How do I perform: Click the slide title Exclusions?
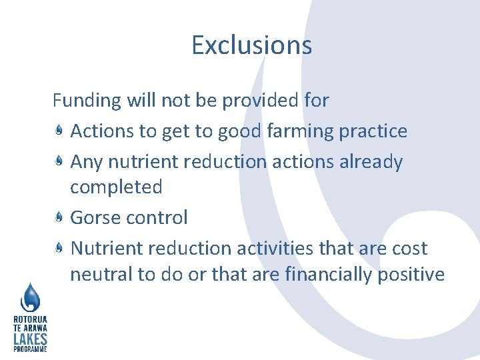click(251, 45)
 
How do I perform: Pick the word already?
click(371, 162)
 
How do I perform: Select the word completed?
click(116, 187)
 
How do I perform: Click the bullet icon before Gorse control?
click(59, 217)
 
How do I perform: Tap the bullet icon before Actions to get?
click(59, 131)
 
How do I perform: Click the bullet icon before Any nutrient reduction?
click(59, 162)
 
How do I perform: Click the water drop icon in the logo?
click(31, 297)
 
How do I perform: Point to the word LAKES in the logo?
click(30, 339)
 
